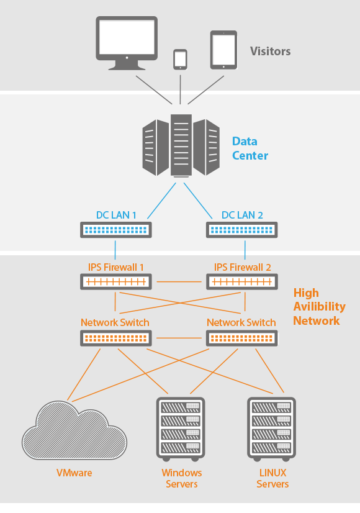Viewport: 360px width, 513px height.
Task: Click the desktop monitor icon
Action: (x=127, y=43)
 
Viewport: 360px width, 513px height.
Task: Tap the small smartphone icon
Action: (x=180, y=60)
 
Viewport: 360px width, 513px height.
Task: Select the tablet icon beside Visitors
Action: (x=223, y=50)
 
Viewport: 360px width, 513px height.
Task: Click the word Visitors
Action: (x=271, y=51)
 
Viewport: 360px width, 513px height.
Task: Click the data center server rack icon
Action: (x=181, y=145)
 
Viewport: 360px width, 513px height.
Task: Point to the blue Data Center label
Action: (x=250, y=148)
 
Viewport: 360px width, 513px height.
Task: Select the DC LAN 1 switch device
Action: (x=115, y=230)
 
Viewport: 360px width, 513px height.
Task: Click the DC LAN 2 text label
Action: (x=242, y=215)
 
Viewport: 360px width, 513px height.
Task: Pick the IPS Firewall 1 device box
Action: (x=115, y=282)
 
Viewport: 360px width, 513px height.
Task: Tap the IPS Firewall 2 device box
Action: (x=242, y=282)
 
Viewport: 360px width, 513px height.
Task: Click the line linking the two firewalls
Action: (x=179, y=282)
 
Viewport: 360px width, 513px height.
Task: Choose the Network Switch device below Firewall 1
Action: (x=115, y=338)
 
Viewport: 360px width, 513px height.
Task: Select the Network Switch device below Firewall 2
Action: (x=242, y=338)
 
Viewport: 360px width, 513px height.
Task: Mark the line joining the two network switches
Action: (x=179, y=338)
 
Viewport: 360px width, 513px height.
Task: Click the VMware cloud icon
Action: (x=74, y=431)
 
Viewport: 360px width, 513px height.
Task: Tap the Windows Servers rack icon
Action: (x=181, y=429)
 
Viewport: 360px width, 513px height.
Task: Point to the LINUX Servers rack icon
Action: (x=271, y=429)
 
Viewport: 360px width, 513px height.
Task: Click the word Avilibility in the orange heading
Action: (x=319, y=307)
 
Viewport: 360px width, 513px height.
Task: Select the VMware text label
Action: (x=74, y=473)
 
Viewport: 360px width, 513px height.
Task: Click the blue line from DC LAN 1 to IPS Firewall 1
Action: (x=115, y=250)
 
